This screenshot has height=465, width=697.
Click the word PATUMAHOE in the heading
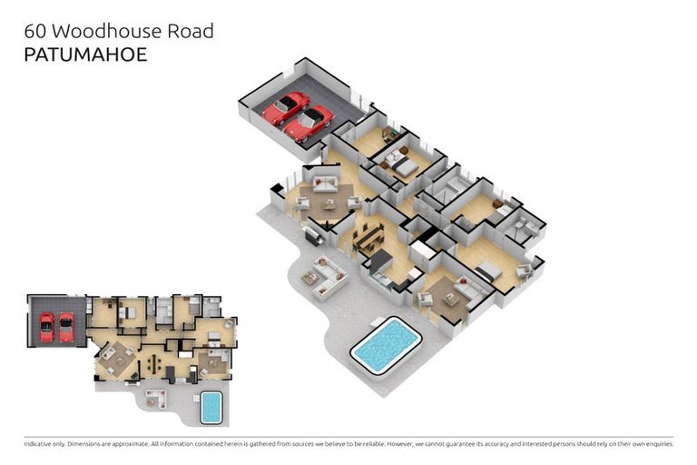click(x=85, y=54)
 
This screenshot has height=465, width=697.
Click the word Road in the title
click(x=191, y=31)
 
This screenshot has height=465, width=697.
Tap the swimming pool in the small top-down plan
click(x=210, y=407)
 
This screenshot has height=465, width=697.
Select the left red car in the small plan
click(x=46, y=327)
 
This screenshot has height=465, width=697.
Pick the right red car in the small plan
click(x=65, y=327)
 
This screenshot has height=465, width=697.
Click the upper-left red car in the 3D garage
click(x=285, y=107)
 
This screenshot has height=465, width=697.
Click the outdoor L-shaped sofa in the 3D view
click(x=326, y=278)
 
